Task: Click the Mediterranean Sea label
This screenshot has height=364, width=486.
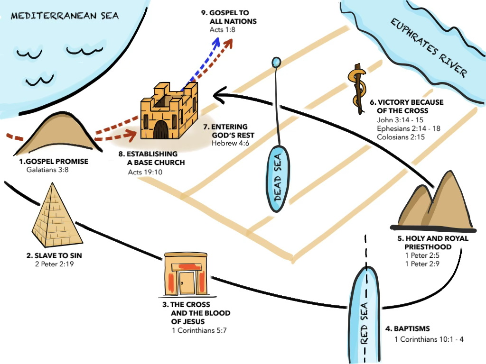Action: [x=65, y=16]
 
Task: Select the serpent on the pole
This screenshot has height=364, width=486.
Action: [x=357, y=88]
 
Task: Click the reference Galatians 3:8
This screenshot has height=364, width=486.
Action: [x=48, y=169]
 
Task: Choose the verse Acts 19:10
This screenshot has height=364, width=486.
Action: [x=145, y=171]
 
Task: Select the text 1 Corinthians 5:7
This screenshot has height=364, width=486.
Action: [x=199, y=330]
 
